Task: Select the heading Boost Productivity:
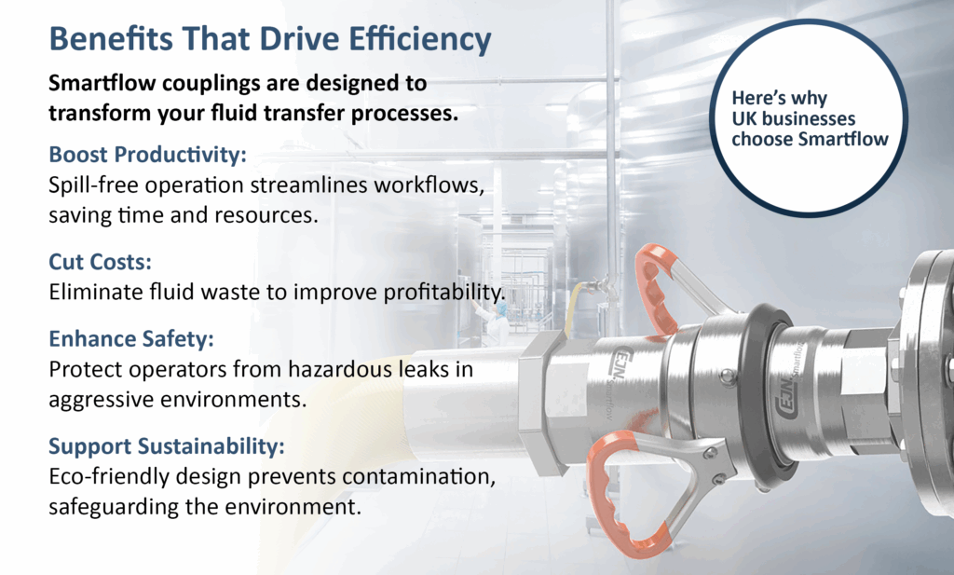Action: pos(148,155)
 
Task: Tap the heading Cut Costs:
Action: pos(101,262)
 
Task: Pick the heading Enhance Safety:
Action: pos(131,339)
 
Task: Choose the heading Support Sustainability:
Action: pos(167,446)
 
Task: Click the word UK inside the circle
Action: pos(743,118)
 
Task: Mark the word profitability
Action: pos(444,293)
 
